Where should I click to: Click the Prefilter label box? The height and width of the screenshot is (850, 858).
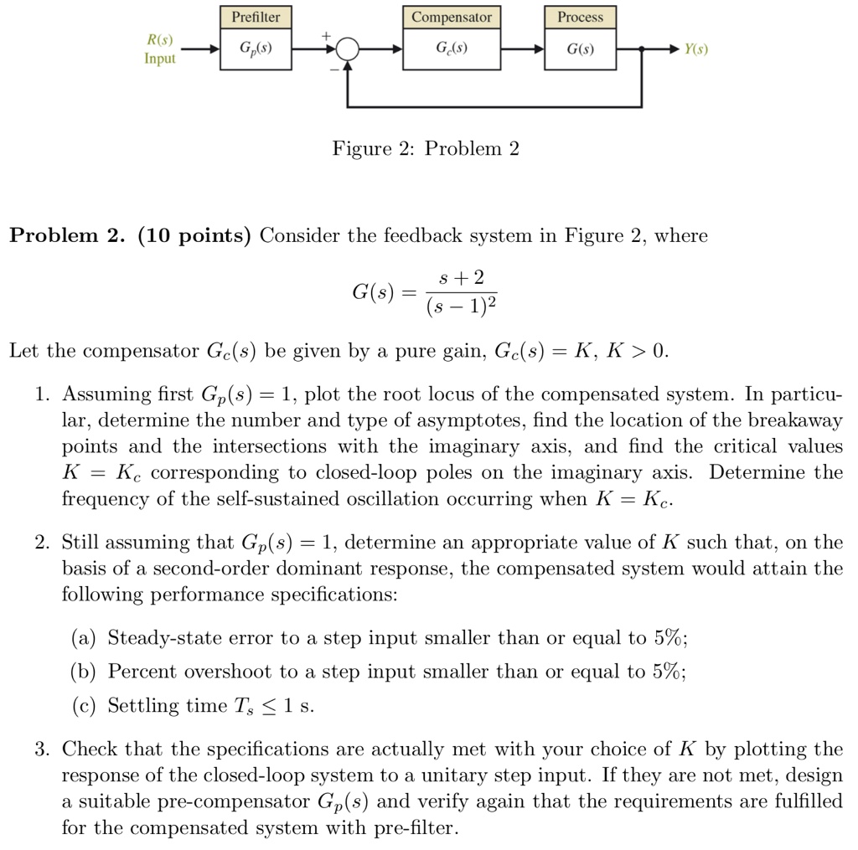click(256, 18)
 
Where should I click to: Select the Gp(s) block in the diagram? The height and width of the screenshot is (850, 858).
click(256, 49)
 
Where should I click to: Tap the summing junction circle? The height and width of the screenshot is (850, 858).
click(348, 50)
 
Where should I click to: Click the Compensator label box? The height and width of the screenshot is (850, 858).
click(452, 18)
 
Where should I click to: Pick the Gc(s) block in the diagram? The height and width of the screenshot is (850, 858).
click(452, 49)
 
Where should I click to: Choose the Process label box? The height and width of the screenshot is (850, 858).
click(580, 18)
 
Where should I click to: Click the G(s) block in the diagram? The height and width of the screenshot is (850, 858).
click(580, 49)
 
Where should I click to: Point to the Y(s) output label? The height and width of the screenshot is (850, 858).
click(695, 49)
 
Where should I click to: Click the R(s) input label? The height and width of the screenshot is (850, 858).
click(160, 40)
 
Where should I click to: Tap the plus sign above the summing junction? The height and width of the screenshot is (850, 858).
click(328, 36)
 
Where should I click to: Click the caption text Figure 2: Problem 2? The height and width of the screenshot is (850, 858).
click(426, 149)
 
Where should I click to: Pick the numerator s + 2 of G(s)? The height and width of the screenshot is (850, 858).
click(462, 277)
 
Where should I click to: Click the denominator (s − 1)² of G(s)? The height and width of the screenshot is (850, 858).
click(462, 307)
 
